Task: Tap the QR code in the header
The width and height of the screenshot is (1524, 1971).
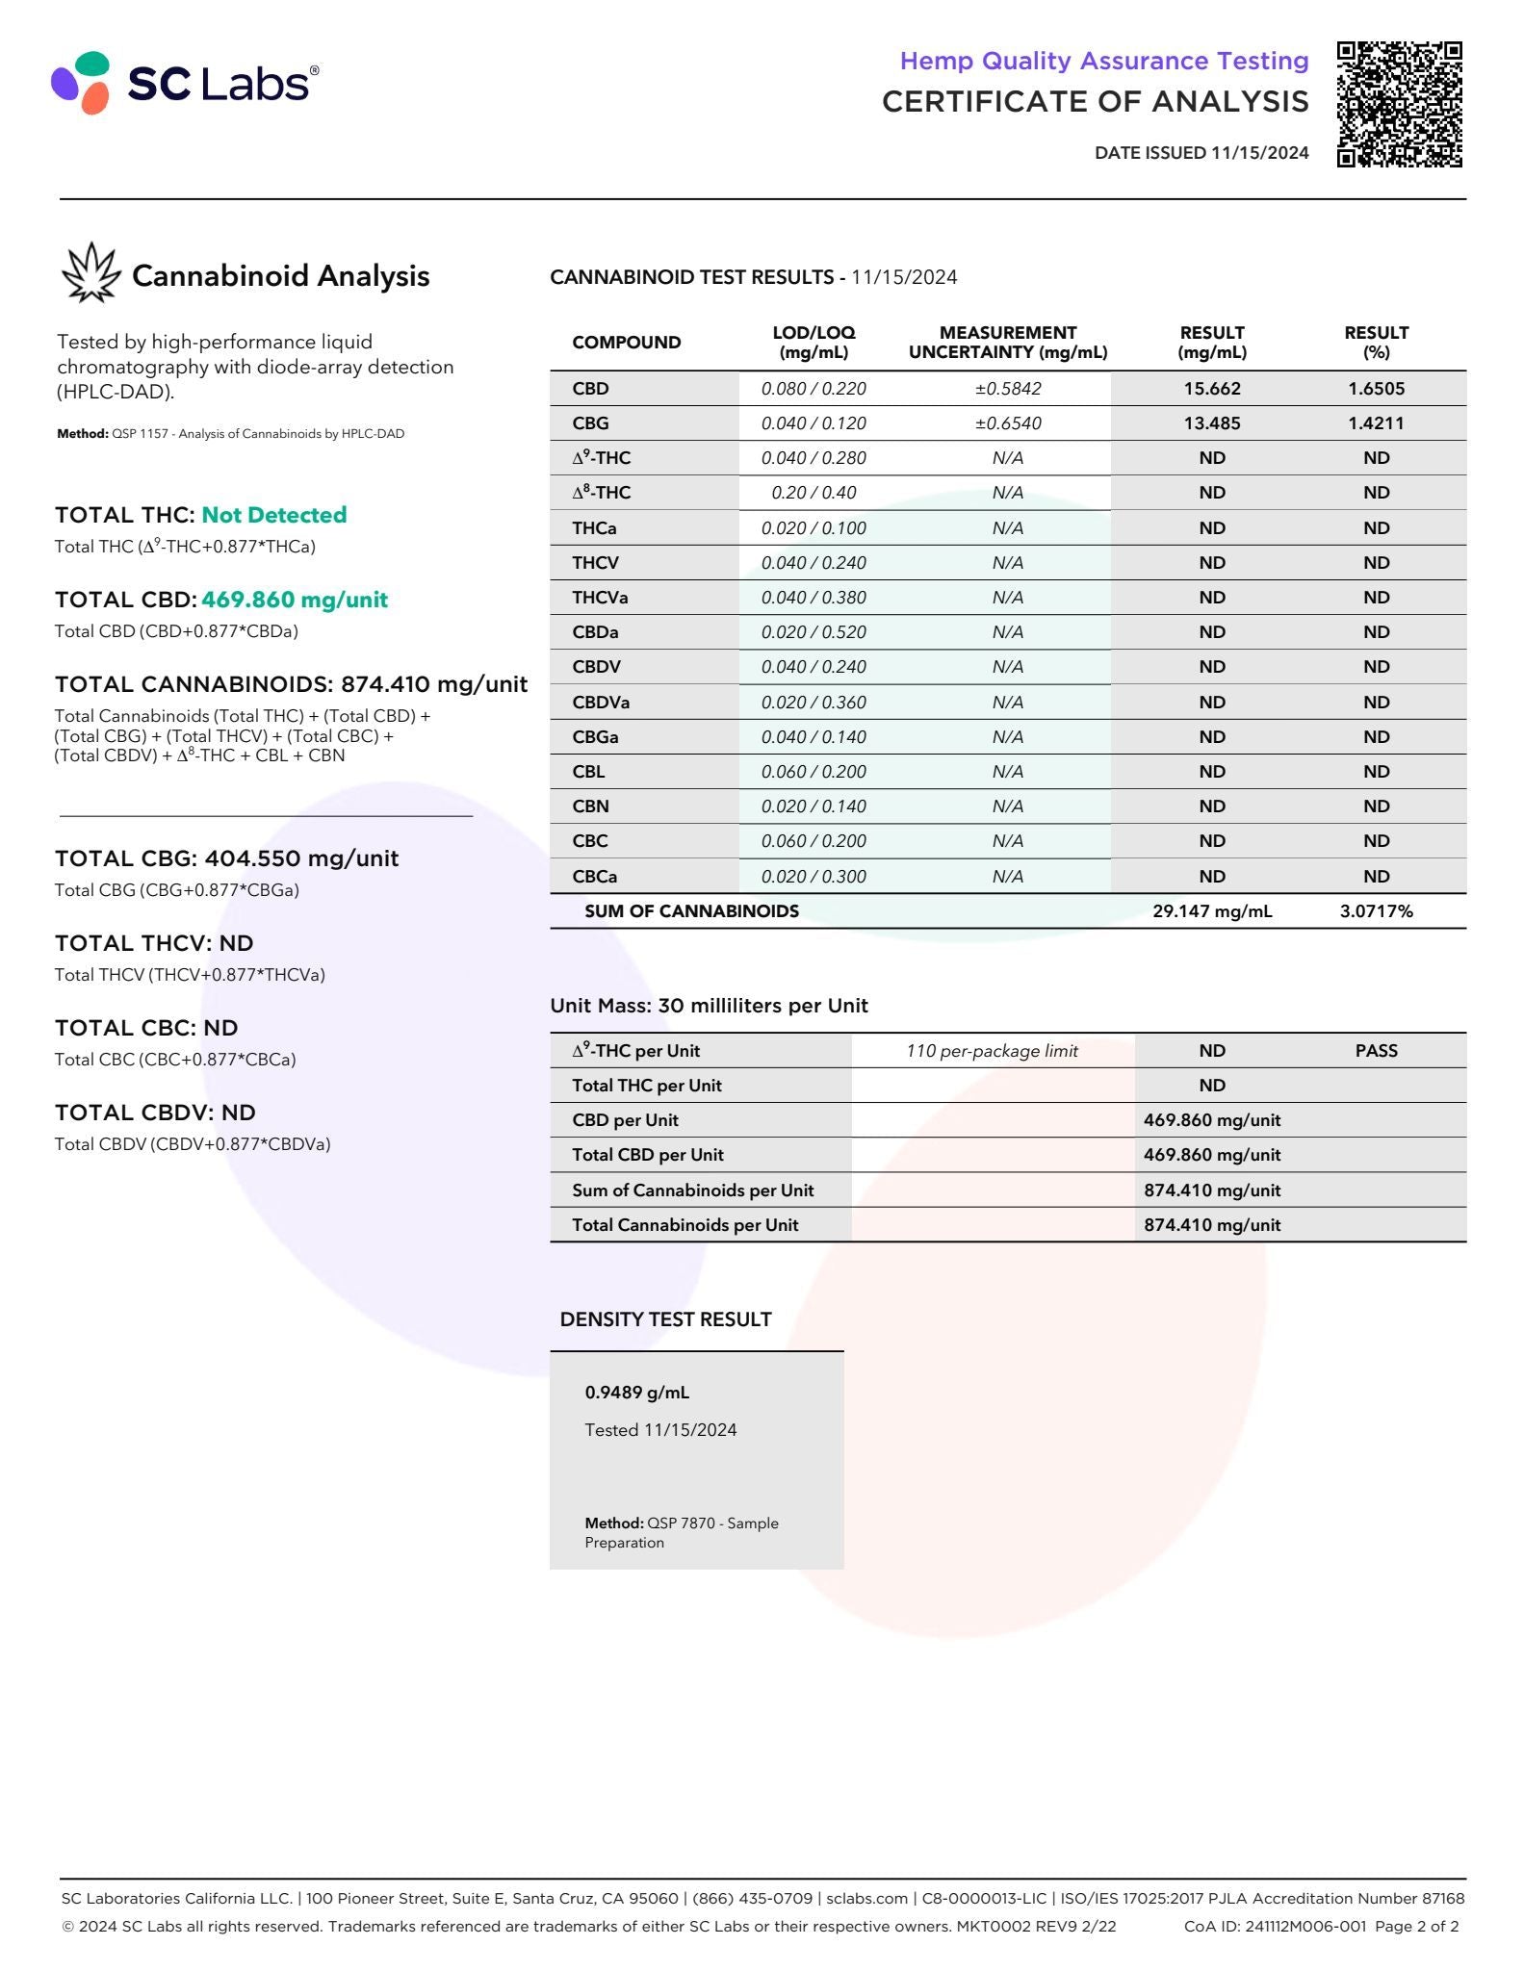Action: [1399, 104]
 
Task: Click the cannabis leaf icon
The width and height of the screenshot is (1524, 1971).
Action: [90, 272]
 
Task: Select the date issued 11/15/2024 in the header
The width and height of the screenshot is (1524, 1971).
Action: [1201, 152]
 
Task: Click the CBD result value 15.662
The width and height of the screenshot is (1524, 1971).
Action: [1212, 389]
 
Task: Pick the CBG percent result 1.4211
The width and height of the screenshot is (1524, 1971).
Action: [1376, 423]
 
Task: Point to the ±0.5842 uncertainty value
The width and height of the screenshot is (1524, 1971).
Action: [1008, 389]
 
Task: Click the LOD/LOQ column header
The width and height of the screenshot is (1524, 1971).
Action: [814, 342]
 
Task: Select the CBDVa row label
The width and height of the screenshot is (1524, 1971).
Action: [601, 703]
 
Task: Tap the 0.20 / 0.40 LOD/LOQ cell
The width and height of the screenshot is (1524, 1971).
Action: [814, 493]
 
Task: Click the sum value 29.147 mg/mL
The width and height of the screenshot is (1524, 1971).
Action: [1212, 911]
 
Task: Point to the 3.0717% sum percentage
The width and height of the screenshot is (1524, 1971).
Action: [1376, 911]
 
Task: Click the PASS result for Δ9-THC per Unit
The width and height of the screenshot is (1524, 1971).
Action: [1376, 1051]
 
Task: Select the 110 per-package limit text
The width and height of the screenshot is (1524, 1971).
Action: [992, 1051]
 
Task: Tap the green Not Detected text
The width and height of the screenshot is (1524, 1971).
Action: [273, 515]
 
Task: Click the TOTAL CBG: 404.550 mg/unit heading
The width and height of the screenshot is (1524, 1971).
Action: [226, 858]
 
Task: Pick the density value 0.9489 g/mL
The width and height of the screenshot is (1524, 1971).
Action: [636, 1393]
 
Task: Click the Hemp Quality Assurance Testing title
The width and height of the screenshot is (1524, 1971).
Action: [1103, 61]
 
